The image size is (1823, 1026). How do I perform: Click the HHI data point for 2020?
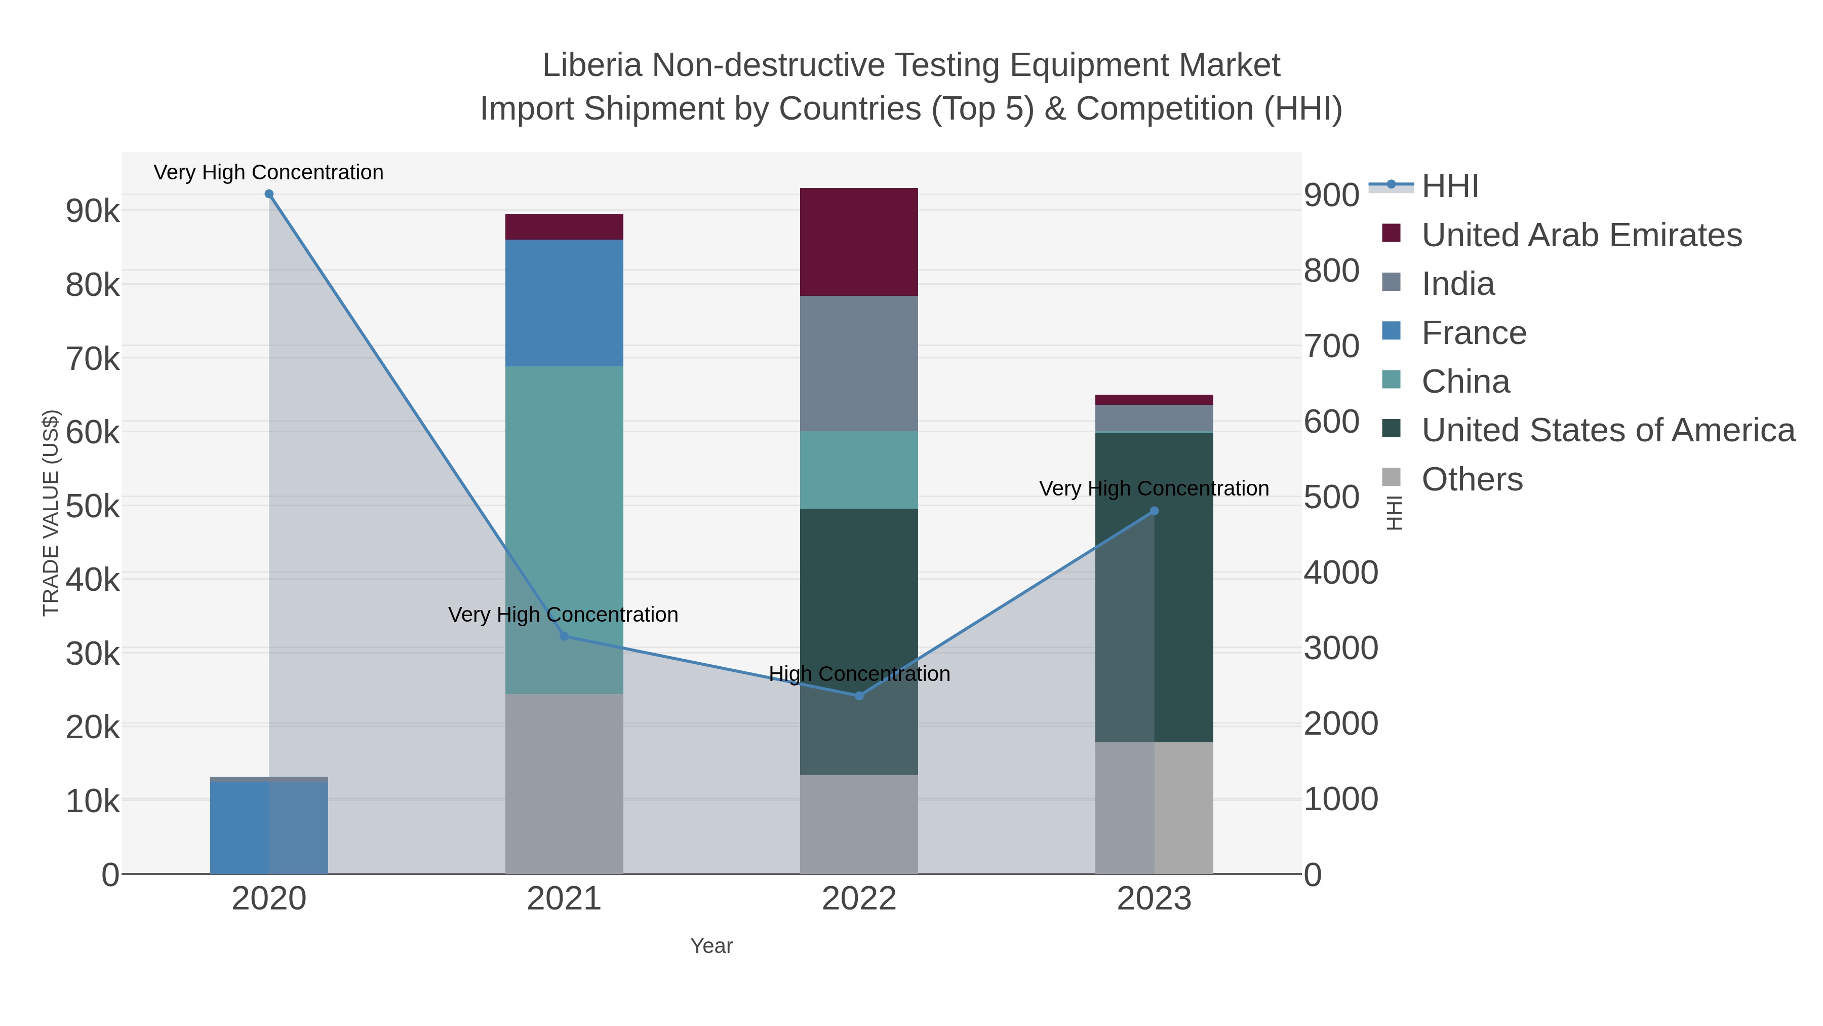coord(269,194)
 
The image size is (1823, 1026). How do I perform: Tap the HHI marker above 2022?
coord(859,695)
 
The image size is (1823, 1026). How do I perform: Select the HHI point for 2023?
coord(1154,511)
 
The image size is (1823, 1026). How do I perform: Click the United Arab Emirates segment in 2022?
coord(859,242)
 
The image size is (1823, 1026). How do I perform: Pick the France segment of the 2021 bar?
coord(564,302)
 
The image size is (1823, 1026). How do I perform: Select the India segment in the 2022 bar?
coord(859,363)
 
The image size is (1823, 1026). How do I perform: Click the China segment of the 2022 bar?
coord(859,470)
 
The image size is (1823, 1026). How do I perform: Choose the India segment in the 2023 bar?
coord(1154,418)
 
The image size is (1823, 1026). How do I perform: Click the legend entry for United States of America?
coord(1608,430)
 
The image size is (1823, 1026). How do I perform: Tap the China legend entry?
coord(1465,382)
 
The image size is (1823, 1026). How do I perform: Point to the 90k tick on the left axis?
coord(93,211)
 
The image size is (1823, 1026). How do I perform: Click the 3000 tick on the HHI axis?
coord(1340,648)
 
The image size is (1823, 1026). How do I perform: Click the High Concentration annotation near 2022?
coord(859,673)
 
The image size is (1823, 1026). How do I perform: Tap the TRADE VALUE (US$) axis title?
coord(51,513)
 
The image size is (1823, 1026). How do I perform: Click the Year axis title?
coord(711,946)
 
